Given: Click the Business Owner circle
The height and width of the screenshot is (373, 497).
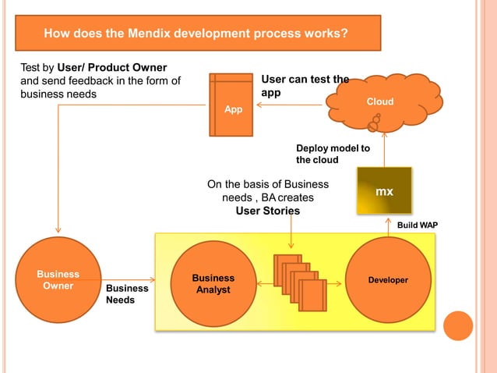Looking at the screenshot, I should (58, 279).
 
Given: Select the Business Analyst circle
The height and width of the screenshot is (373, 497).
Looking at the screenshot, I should (213, 283).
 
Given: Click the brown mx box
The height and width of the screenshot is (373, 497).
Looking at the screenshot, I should (383, 190).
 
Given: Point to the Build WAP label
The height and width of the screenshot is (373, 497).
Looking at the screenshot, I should (418, 225).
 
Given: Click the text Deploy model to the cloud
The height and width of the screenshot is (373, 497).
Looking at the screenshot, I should (333, 154).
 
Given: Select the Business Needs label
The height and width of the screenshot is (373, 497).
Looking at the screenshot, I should (127, 293).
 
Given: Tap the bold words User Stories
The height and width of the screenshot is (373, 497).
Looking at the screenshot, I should (268, 211).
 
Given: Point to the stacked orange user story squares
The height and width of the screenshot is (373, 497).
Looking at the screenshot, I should (299, 282).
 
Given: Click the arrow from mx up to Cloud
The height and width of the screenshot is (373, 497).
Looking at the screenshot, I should (385, 151).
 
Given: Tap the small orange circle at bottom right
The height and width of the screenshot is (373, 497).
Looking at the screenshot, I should (459, 325).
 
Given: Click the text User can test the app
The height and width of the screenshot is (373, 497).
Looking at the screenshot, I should (304, 85).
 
